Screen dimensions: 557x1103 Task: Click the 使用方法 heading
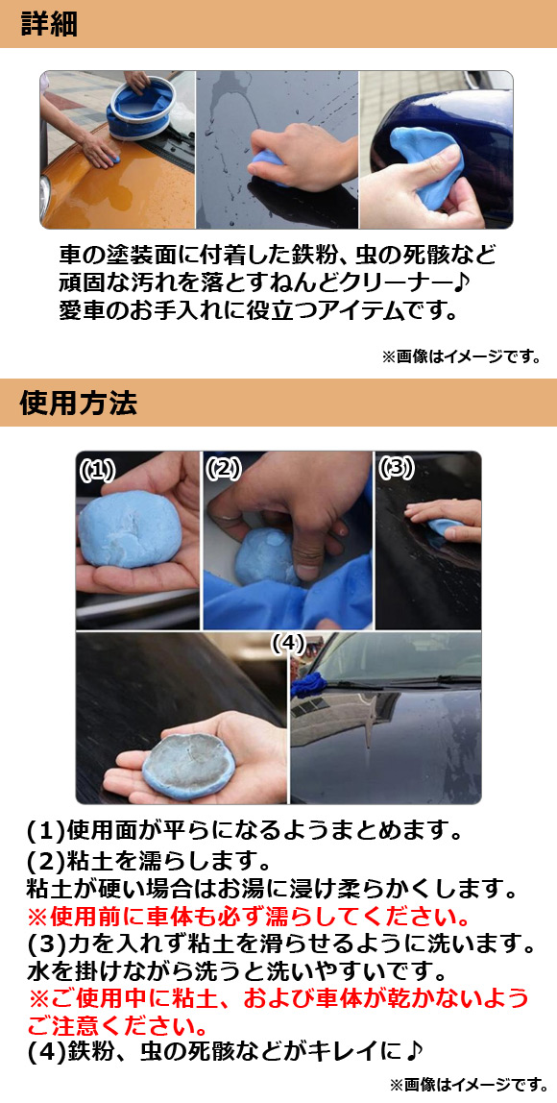click(x=78, y=404)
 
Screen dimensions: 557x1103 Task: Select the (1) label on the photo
click(x=96, y=470)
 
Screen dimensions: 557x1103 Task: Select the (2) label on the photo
click(x=223, y=468)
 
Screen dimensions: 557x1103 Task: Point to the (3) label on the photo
click(x=396, y=468)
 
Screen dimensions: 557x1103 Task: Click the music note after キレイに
click(x=414, y=1049)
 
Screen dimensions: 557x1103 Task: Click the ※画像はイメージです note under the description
click(x=461, y=356)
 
